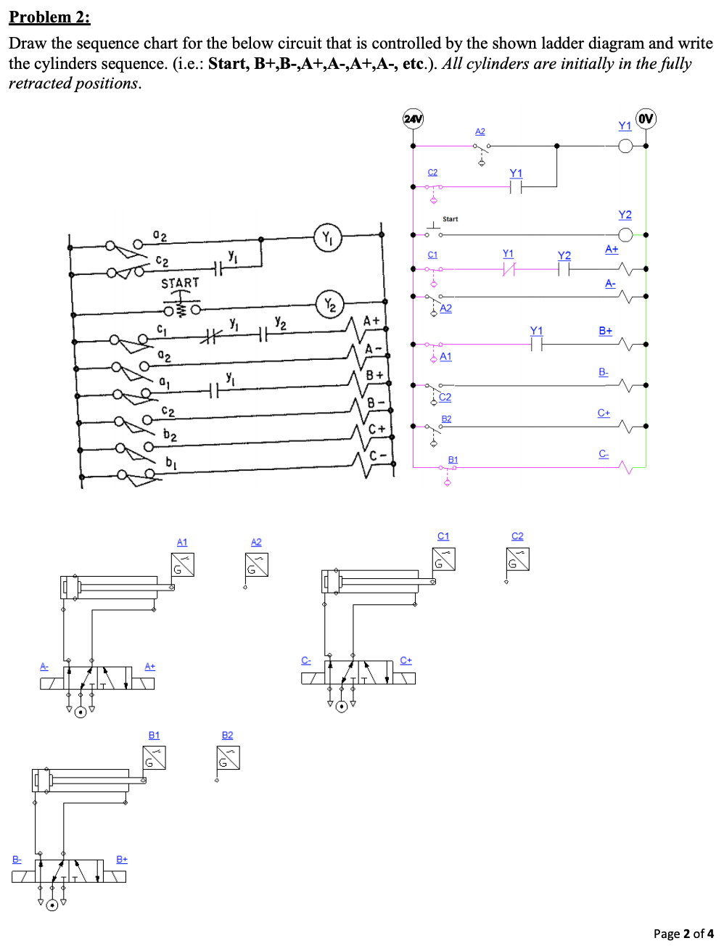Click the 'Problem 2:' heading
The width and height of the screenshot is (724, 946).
(x=49, y=17)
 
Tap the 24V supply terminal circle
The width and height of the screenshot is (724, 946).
(x=413, y=118)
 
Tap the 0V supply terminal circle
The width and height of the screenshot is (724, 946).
(x=646, y=118)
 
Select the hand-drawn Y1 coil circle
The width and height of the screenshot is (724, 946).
(x=328, y=237)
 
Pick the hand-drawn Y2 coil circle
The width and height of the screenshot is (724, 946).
(x=330, y=305)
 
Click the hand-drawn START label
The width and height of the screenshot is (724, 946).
(x=180, y=283)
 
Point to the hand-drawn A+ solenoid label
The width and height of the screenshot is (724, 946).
(x=371, y=321)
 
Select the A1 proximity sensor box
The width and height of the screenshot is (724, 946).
(x=183, y=564)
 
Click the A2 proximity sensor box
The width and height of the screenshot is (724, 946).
(x=257, y=564)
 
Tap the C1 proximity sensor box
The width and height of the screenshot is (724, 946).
(x=443, y=559)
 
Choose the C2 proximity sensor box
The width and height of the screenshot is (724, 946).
(x=518, y=559)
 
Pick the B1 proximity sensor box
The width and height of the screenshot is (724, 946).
(x=155, y=757)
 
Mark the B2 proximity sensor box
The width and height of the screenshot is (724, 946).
(x=228, y=757)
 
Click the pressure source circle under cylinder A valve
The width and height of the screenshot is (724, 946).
(x=81, y=712)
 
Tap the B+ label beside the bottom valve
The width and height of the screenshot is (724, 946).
(x=122, y=859)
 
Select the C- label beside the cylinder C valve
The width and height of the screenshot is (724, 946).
(x=306, y=660)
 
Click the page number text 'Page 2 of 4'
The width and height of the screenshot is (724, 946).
(x=683, y=934)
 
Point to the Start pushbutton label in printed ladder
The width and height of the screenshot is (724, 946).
(x=450, y=219)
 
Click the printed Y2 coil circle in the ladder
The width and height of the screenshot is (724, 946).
(x=625, y=234)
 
